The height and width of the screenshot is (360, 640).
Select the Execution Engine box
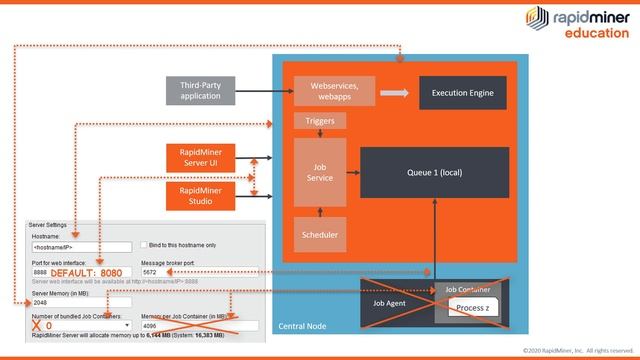(x=462, y=92)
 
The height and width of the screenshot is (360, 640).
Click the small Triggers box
(x=320, y=121)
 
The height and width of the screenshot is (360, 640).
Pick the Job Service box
(x=320, y=172)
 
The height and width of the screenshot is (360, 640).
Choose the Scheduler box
(x=320, y=234)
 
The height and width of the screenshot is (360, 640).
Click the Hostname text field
(x=82, y=246)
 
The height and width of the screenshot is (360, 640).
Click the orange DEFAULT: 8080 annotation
(x=87, y=272)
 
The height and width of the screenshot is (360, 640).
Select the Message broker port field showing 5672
(x=198, y=272)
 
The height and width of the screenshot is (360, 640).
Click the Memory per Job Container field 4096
(x=198, y=326)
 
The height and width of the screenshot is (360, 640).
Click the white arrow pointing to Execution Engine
(x=395, y=92)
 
